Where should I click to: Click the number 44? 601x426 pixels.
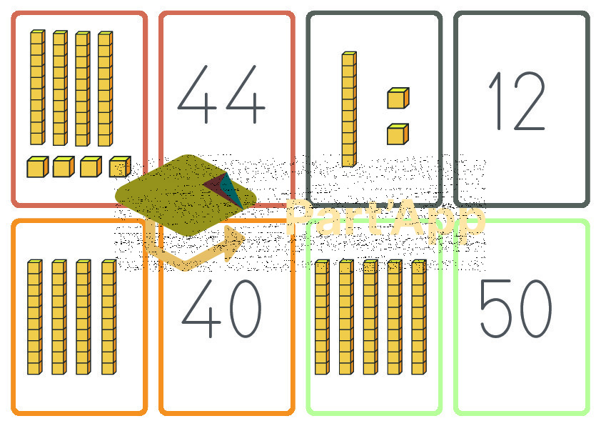pyautogui.click(x=221, y=94)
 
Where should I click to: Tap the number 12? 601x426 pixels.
pyautogui.click(x=517, y=101)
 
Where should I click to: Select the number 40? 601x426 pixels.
pyautogui.click(x=221, y=309)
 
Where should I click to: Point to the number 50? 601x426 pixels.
pyautogui.click(x=516, y=309)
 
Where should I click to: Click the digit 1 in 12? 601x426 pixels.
pyautogui.click(x=496, y=101)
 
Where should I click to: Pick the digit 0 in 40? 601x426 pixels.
pyautogui.click(x=246, y=309)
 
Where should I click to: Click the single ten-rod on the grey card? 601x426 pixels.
pyautogui.click(x=349, y=109)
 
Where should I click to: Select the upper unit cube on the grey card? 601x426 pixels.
pyautogui.click(x=398, y=98)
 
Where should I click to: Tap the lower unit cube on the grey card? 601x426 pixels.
pyautogui.click(x=398, y=134)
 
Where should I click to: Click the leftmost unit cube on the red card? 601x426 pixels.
pyautogui.click(x=38, y=167)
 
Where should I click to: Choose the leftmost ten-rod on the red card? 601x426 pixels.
pyautogui.click(x=38, y=87)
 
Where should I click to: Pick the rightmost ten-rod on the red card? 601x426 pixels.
pyautogui.click(x=106, y=89)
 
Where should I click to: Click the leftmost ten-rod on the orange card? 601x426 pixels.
pyautogui.click(x=35, y=317)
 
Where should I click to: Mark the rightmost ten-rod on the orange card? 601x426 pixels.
pyautogui.click(x=109, y=317)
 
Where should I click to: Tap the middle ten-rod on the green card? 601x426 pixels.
pyautogui.click(x=370, y=317)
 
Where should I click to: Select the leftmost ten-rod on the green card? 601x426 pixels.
pyautogui.click(x=323, y=317)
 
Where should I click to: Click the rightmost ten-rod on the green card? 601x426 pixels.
pyautogui.click(x=419, y=317)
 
